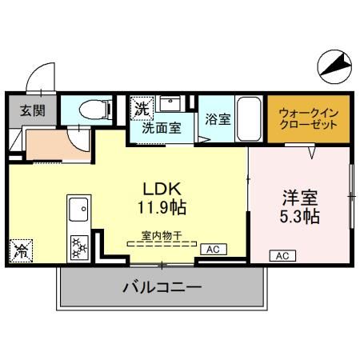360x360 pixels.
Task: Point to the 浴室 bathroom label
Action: [x=218, y=119]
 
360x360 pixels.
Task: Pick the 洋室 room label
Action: [x=300, y=198]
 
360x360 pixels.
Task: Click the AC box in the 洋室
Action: [x=282, y=255]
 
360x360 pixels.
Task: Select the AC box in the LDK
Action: [x=213, y=250]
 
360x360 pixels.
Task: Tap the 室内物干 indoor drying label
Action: [x=162, y=235]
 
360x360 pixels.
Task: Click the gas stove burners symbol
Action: [x=80, y=246]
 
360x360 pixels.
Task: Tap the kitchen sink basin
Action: [x=79, y=210]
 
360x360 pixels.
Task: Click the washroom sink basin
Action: [x=170, y=104]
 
